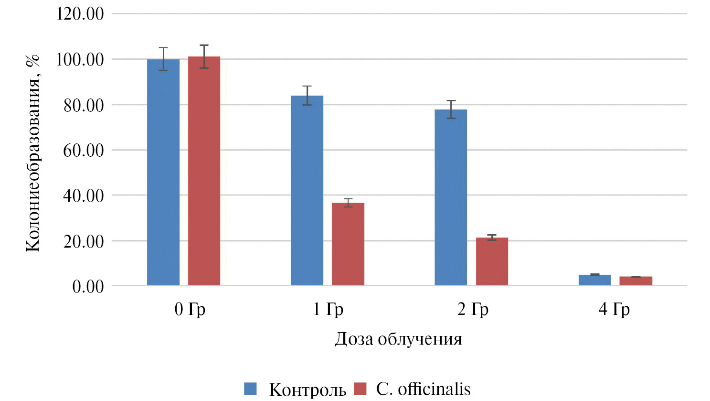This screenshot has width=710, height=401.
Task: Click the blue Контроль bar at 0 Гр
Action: (163, 172)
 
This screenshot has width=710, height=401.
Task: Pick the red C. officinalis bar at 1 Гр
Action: (348, 244)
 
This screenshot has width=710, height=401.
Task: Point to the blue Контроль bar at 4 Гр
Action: (594, 280)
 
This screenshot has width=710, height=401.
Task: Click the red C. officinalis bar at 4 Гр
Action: (636, 281)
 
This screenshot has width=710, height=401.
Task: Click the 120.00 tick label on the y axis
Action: (80, 13)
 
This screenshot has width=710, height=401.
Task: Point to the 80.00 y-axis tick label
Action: (84, 105)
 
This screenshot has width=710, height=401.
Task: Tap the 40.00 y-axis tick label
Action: (84, 195)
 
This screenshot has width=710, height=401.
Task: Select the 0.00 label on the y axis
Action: (88, 286)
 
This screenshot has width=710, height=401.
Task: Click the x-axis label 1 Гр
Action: (328, 309)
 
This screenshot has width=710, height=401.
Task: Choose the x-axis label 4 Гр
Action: (614, 309)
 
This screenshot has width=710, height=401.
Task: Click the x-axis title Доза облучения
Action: (398, 339)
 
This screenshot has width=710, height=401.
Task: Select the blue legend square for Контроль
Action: (250, 389)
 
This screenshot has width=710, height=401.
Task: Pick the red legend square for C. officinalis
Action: (360, 389)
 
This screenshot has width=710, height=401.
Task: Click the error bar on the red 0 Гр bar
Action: (204, 56)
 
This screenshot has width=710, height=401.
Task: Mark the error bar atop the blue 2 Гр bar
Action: (451, 109)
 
